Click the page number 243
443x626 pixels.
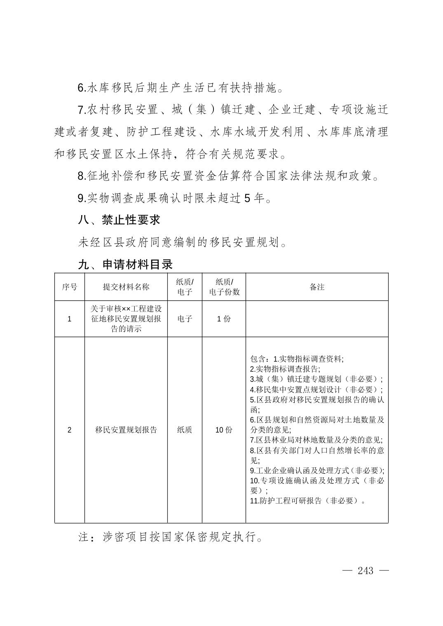click(366, 570)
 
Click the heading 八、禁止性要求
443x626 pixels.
click(119, 220)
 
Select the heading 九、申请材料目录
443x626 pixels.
click(125, 264)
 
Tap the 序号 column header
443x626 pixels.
click(70, 287)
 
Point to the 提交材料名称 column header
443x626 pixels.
click(126, 287)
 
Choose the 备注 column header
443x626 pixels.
click(317, 287)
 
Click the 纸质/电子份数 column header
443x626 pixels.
click(224, 287)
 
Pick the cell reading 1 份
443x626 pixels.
click(224, 319)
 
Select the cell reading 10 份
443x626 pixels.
click(224, 430)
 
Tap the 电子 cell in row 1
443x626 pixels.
click(185, 319)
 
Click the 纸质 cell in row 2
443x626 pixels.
click(185, 430)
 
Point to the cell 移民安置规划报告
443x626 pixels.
click(126, 430)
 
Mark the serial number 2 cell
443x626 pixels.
click(70, 430)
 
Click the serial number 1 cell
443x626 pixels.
click(70, 319)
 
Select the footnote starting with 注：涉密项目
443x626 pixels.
click(171, 537)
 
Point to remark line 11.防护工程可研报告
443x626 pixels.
click(307, 501)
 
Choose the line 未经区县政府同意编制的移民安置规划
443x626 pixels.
click(183, 242)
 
